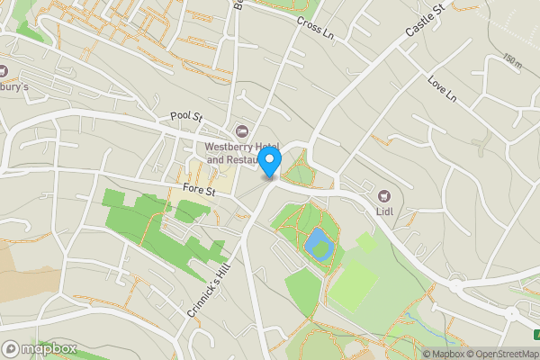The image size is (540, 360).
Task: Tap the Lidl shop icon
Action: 385,195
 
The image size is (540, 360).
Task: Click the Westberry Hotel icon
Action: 241,132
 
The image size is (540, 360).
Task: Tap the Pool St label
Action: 187,118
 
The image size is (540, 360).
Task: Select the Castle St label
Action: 425,20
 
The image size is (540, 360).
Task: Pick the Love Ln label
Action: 443,88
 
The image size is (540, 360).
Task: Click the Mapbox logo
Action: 39,348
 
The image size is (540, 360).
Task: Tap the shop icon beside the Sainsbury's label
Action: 4,70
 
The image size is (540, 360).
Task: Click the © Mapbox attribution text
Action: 444,354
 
